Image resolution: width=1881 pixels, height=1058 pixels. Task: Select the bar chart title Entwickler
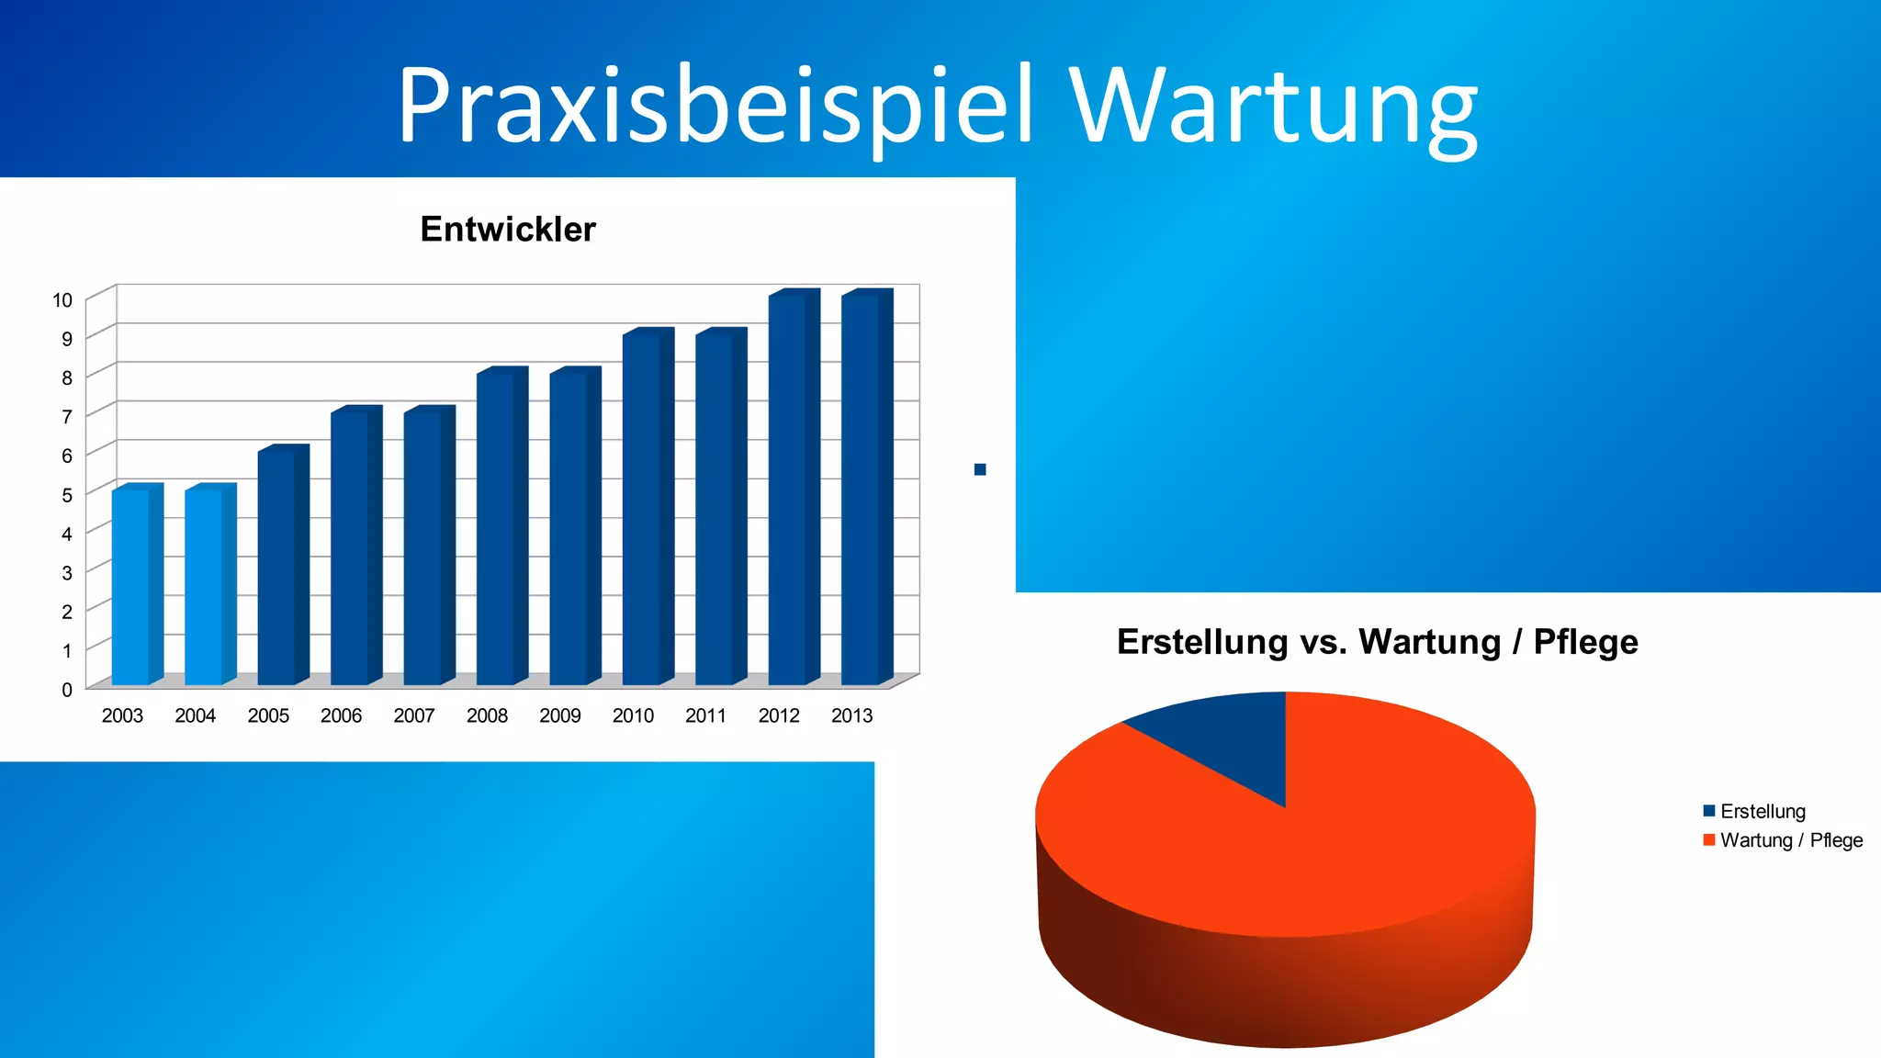pos(508,229)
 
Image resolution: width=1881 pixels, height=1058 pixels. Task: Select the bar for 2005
pos(277,567)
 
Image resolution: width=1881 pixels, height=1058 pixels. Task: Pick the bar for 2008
pos(496,528)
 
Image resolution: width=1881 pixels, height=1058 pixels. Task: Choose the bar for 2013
pos(862,489)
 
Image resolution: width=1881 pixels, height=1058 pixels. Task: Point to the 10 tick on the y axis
pos(62,300)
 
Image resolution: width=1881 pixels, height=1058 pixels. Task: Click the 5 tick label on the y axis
pos(66,495)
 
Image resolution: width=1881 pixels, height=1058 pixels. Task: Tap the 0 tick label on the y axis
pos(66,690)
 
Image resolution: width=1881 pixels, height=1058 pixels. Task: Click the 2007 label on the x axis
pos(414,715)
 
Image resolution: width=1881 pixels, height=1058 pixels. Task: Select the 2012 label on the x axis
pos(779,715)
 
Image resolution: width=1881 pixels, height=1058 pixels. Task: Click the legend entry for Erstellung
pos(1763,812)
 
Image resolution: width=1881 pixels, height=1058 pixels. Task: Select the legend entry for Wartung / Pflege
pos(1791,840)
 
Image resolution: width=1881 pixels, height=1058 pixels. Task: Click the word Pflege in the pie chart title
pos(1585,642)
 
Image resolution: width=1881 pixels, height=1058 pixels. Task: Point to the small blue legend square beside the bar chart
pos(980,470)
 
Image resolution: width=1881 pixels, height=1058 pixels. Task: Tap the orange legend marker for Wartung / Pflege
pos(1709,840)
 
